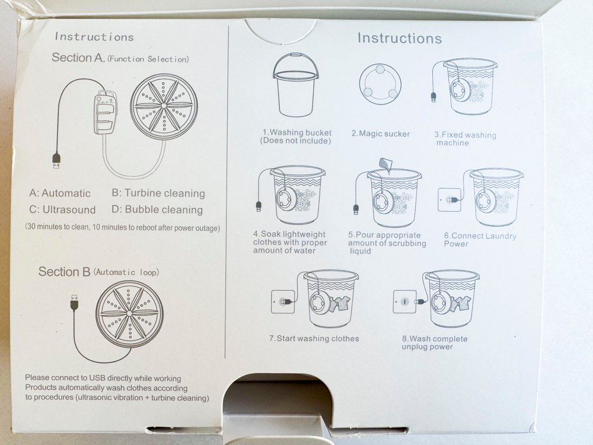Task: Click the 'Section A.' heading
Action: pos(78,58)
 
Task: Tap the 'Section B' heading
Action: pos(64,272)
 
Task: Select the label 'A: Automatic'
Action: pos(60,193)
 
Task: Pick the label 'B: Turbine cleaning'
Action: pos(158,193)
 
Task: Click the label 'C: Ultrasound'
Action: pos(62,209)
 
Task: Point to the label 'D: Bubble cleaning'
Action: pos(157,209)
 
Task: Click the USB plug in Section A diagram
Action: pos(56,161)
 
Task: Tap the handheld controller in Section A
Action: pos(105,112)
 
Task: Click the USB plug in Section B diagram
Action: pos(75,302)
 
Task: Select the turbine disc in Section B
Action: pos(129,314)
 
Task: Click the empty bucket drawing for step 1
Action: pos(295,85)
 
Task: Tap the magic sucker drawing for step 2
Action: pos(380,84)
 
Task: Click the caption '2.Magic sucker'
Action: pos(381,133)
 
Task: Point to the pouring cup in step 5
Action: pos(385,164)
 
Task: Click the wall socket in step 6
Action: pos(449,200)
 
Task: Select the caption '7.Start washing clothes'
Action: pos(314,338)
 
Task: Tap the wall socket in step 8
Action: pos(404,302)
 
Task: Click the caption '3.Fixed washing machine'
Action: pos(465,139)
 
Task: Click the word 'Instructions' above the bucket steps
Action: pos(400,38)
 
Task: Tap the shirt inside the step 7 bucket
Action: pos(339,303)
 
